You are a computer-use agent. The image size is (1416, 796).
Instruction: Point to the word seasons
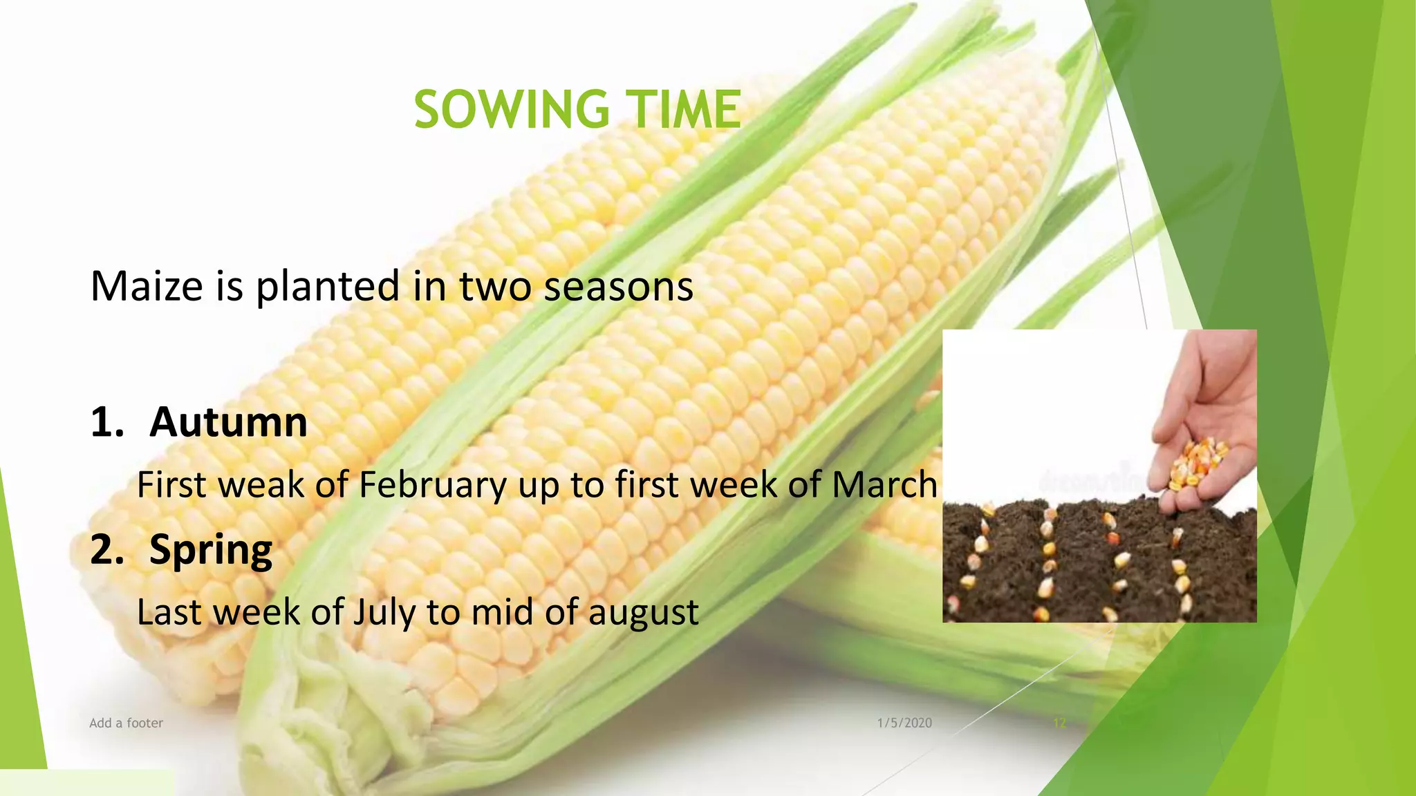(x=618, y=286)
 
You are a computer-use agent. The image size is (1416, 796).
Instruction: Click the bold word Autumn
(x=228, y=421)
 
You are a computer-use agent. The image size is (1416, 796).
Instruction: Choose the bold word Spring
(x=211, y=550)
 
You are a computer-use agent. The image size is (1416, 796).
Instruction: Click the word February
(x=433, y=485)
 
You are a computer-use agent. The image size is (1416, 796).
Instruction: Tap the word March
(x=884, y=484)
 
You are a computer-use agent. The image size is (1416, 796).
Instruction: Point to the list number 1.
(x=107, y=421)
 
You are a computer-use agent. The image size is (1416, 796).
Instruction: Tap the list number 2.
(x=107, y=550)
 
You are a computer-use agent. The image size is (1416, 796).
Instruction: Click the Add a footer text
(x=127, y=723)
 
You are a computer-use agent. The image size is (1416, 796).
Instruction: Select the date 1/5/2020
(x=904, y=723)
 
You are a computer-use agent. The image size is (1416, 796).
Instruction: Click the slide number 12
(x=1059, y=723)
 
